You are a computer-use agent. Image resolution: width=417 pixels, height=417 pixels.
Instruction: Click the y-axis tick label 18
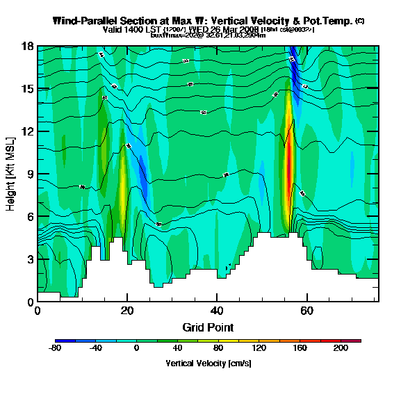[x=28, y=47]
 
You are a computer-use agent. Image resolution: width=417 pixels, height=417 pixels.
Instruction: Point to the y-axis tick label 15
[x=28, y=89]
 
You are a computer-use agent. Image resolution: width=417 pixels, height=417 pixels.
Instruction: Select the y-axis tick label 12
[x=28, y=131]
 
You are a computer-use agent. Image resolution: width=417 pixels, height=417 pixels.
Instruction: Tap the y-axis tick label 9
[x=30, y=174]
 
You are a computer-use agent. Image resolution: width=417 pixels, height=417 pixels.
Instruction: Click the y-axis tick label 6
[x=30, y=217]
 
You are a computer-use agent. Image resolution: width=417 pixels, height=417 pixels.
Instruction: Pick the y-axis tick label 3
[x=30, y=259]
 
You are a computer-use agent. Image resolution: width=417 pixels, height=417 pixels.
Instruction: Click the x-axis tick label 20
[x=127, y=310]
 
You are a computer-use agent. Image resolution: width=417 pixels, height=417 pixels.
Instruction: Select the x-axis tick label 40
[x=217, y=310]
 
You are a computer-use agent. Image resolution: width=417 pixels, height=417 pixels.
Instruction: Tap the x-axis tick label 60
[x=306, y=310]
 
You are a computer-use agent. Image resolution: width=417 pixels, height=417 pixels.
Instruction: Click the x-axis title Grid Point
[x=208, y=327]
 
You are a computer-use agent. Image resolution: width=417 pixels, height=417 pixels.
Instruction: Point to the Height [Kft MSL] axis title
[x=12, y=174]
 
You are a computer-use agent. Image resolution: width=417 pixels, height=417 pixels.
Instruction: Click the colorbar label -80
[x=56, y=348]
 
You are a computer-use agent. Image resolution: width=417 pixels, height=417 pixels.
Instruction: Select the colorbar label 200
[x=340, y=348]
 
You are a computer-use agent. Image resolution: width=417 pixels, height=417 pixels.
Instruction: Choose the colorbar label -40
[x=96, y=348]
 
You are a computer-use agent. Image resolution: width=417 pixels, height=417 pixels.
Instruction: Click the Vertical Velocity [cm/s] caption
[x=208, y=363]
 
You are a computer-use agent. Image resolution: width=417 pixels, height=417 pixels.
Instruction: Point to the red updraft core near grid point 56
[x=288, y=167]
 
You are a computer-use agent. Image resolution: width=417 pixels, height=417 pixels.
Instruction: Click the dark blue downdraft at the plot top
[x=293, y=56]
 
